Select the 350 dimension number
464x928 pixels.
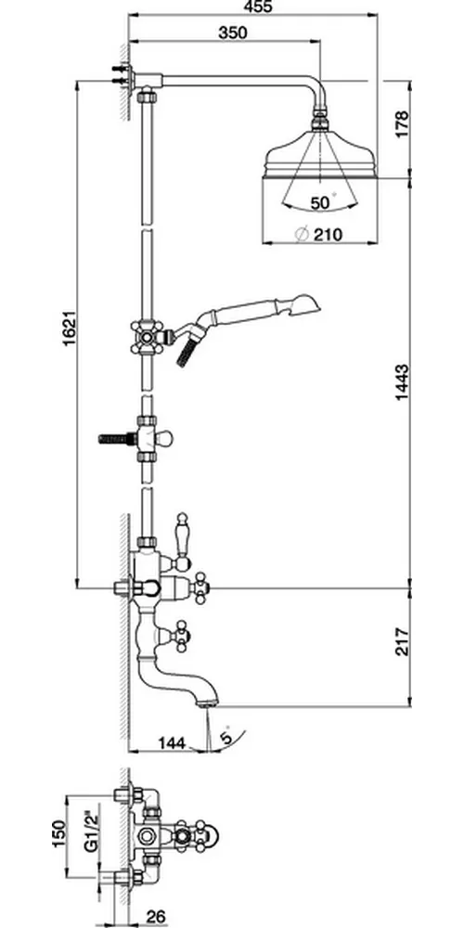(233, 33)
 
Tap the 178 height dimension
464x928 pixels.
(403, 124)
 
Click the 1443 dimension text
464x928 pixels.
(403, 383)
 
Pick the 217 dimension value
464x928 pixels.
(403, 641)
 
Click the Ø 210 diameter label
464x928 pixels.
(318, 235)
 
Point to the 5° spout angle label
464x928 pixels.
(226, 737)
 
